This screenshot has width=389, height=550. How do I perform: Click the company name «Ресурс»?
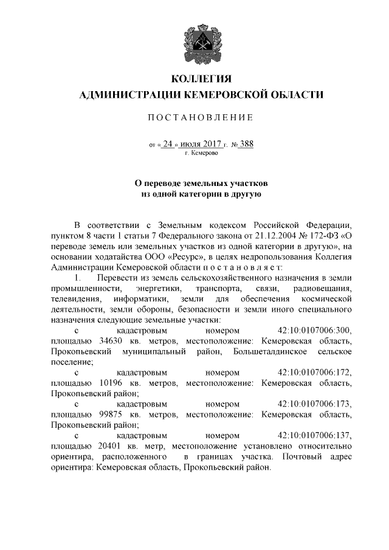pyautogui.click(x=155, y=256)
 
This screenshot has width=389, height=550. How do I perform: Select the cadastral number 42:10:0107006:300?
pyautogui.click(x=314, y=330)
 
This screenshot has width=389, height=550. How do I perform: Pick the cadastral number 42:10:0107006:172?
pyautogui.click(x=314, y=372)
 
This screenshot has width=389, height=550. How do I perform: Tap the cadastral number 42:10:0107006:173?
pyautogui.click(x=314, y=404)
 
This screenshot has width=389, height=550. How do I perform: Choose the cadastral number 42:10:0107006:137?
pyautogui.click(x=314, y=435)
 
